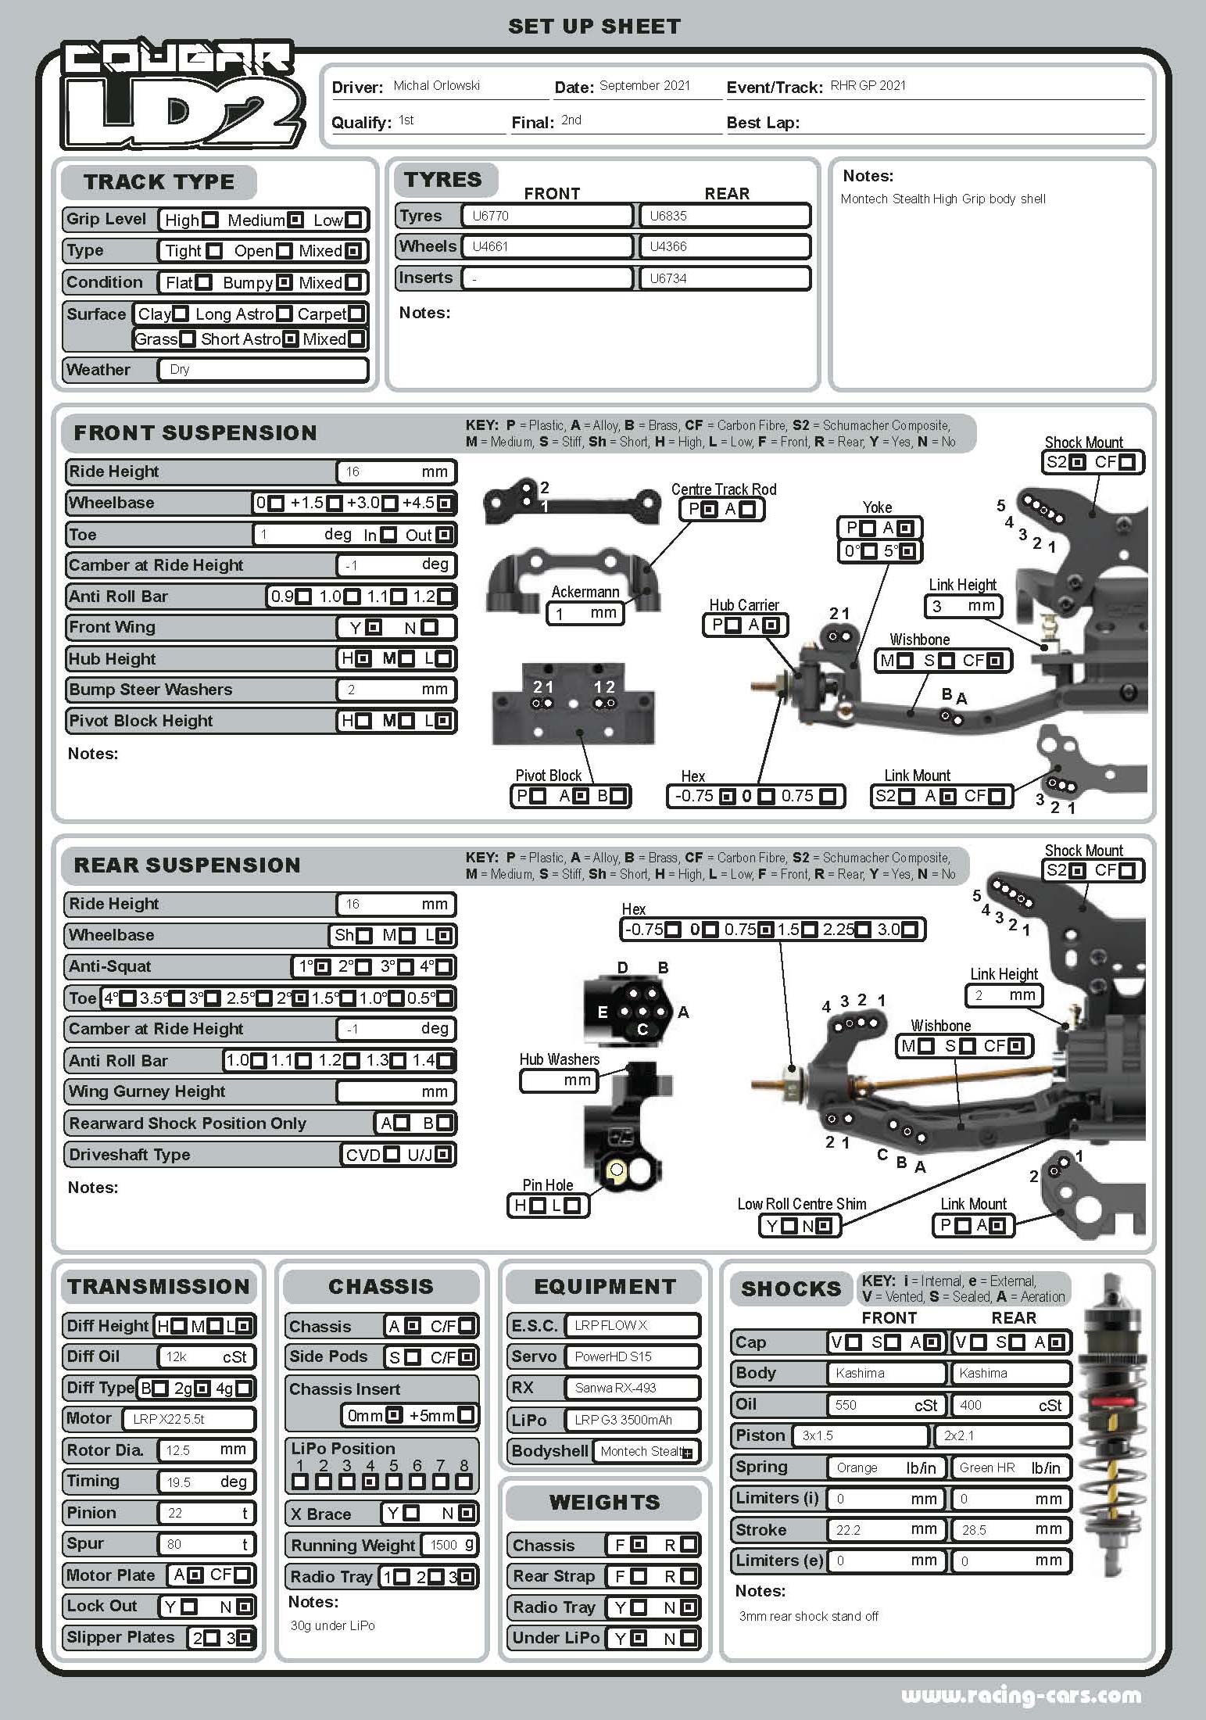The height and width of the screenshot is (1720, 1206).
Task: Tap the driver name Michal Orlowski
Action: (436, 86)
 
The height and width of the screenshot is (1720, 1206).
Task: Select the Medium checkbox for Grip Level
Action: (295, 220)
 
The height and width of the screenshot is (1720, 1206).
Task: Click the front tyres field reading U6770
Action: (546, 216)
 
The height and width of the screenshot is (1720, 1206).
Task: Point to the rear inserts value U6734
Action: (724, 278)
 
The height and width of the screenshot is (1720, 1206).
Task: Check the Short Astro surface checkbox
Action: (290, 339)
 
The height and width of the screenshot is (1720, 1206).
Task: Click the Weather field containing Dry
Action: (263, 370)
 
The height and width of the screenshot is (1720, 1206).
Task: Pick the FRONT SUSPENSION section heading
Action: (195, 433)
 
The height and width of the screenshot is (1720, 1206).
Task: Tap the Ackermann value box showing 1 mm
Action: (585, 613)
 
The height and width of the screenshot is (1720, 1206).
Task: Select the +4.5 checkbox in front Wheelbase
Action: (445, 503)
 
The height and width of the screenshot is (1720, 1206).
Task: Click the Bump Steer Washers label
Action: (151, 690)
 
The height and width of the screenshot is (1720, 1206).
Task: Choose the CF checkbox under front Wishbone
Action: (994, 661)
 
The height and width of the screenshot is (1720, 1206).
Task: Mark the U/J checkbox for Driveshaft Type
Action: (442, 1155)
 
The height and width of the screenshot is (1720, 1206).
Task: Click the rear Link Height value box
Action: (1004, 995)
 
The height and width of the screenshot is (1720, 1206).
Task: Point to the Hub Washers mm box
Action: (560, 1080)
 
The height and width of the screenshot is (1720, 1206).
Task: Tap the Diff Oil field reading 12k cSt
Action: (206, 1357)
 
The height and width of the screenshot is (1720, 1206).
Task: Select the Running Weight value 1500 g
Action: (449, 1545)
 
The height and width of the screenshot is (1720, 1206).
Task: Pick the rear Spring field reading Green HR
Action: (1010, 1468)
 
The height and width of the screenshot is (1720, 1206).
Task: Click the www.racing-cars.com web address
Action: (1021, 1696)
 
